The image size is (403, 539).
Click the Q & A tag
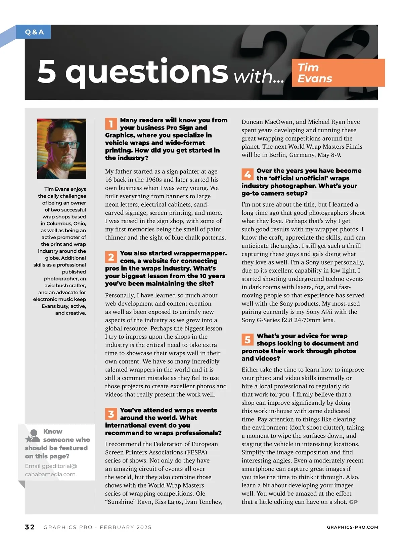coord(34,32)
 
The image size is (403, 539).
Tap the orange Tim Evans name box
coord(338,73)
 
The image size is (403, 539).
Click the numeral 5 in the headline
coord(47,71)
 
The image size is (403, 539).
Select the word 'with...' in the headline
coord(259,77)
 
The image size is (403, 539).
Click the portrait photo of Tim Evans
coord(61,148)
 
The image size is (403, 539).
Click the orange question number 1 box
coord(111,124)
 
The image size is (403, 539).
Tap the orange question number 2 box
coord(111,257)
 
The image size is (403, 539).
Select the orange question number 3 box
coord(111,414)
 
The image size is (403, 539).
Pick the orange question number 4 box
coord(248,175)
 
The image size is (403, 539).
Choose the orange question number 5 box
coord(248,340)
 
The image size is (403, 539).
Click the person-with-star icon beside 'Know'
coord(33,436)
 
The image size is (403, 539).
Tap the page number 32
coord(30,527)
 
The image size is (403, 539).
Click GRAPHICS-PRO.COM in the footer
coord(352,527)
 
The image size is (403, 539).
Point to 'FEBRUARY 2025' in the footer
coord(126,527)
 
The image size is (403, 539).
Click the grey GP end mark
coord(353,502)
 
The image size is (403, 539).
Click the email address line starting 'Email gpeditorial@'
coord(51,466)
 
